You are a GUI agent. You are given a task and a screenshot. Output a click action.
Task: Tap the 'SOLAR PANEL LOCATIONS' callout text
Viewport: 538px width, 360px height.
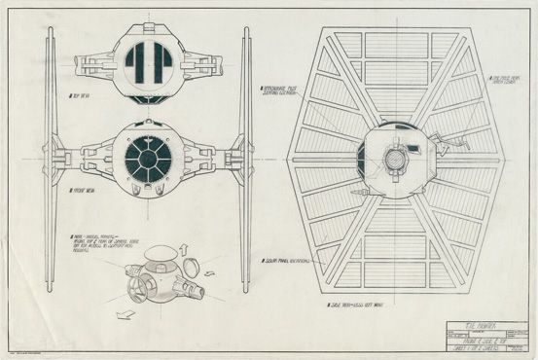point(283,261)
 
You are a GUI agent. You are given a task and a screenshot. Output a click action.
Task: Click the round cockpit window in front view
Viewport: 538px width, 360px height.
point(149,156)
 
